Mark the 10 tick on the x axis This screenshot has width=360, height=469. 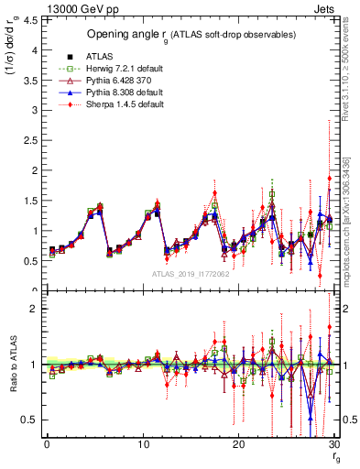[x=142, y=444]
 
